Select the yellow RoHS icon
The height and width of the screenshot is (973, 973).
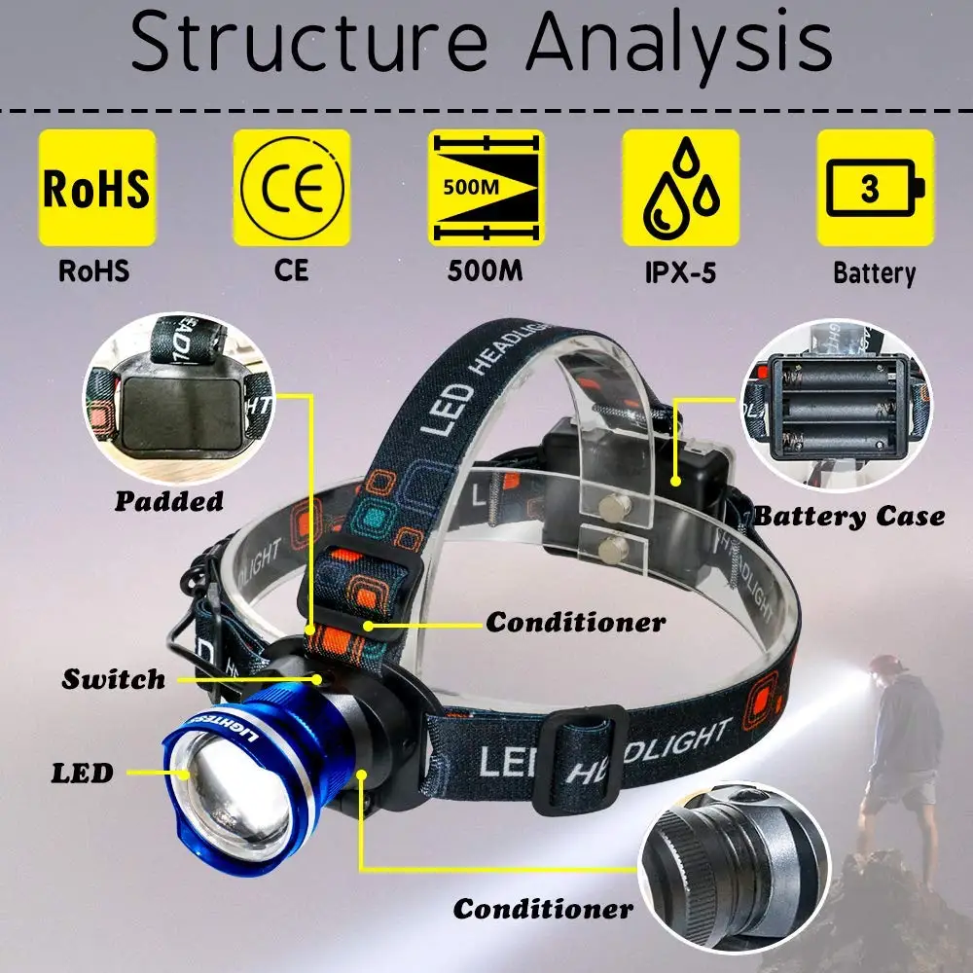(x=96, y=188)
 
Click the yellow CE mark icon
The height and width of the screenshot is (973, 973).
(x=291, y=188)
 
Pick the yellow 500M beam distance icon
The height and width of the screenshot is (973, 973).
(x=486, y=188)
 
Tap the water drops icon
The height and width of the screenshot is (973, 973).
(x=680, y=188)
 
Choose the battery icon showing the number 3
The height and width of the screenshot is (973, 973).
(x=875, y=188)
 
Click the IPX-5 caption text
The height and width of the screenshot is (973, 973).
(x=680, y=271)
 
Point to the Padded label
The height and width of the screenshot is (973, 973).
(x=169, y=501)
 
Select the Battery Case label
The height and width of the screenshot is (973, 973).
(x=848, y=516)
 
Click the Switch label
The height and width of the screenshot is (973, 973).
(x=114, y=678)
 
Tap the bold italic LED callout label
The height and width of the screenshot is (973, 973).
(x=82, y=774)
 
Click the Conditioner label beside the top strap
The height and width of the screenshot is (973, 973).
(x=576, y=622)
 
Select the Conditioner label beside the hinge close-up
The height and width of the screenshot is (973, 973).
(x=543, y=909)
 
